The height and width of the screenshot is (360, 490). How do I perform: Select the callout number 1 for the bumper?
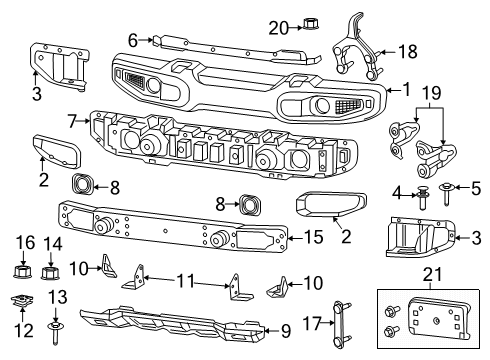click(406, 89)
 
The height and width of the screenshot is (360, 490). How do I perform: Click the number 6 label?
click(133, 40)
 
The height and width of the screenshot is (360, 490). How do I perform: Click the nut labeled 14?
click(54, 271)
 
